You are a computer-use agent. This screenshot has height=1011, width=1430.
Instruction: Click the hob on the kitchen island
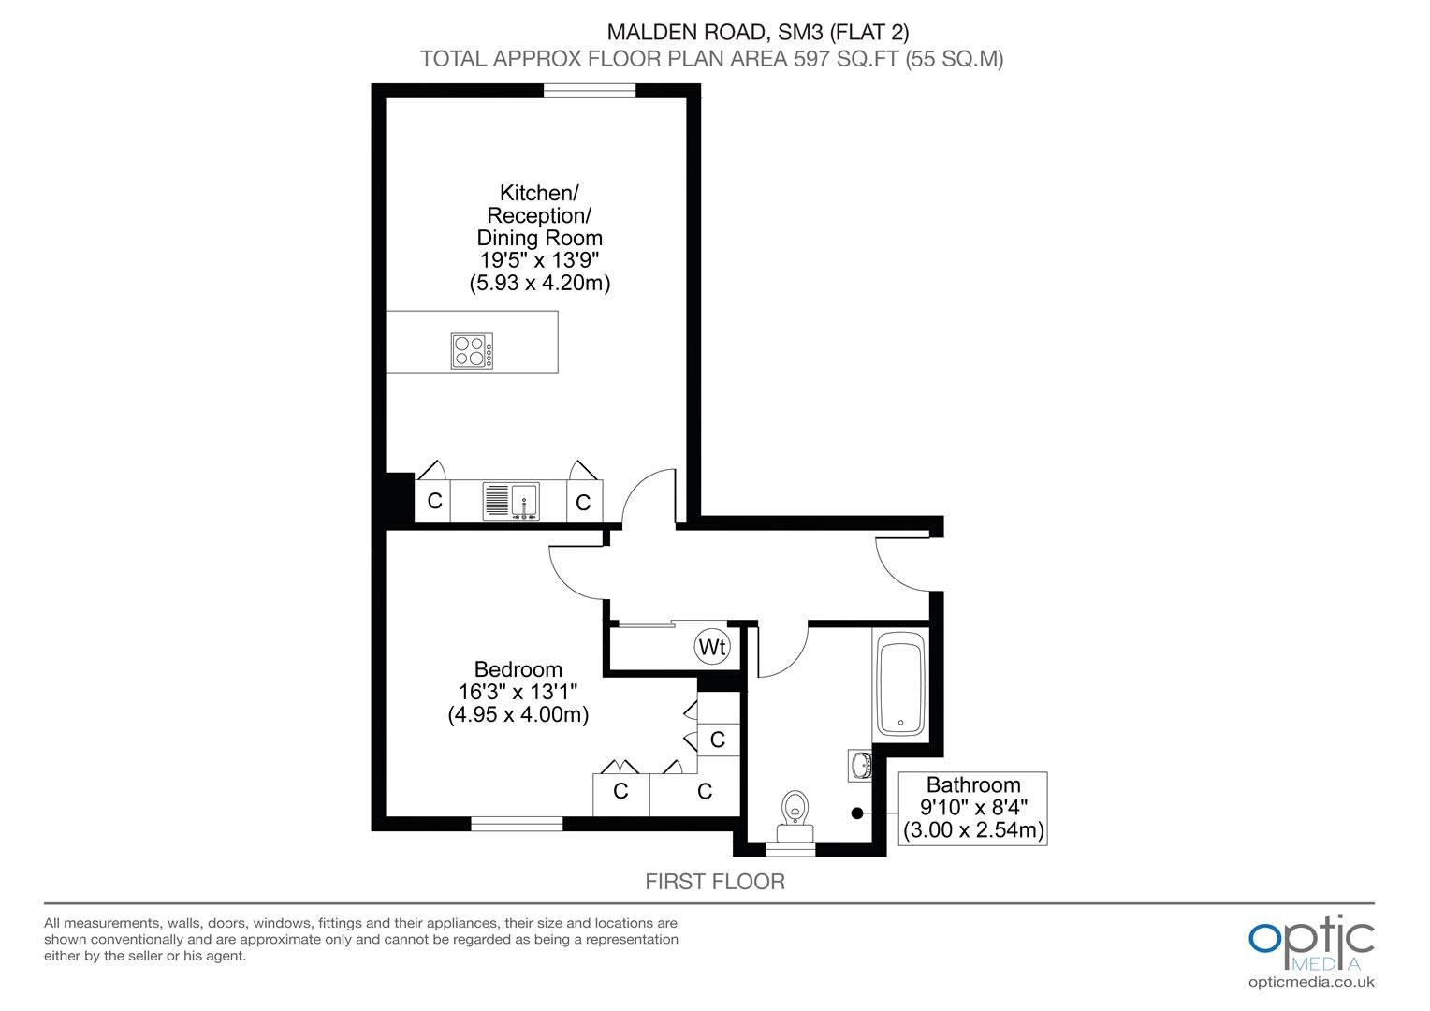[472, 351]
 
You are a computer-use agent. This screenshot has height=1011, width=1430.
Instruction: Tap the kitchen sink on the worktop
[511, 502]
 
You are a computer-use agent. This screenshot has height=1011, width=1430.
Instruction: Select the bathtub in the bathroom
[901, 683]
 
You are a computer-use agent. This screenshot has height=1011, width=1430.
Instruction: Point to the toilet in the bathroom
[795, 817]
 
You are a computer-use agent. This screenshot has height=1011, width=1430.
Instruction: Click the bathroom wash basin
[861, 765]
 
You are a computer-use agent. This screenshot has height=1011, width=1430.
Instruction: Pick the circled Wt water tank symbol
[712, 647]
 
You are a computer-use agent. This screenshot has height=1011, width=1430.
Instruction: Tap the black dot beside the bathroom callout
[857, 813]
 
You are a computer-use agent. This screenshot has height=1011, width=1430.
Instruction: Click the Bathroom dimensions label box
[973, 809]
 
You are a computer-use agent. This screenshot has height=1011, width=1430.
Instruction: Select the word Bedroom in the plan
[518, 669]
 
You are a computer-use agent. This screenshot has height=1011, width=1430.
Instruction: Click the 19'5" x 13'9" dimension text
[539, 260]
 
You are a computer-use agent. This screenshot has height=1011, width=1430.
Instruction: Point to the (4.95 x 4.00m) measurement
[518, 714]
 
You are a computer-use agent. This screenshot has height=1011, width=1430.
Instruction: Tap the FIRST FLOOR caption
[714, 882]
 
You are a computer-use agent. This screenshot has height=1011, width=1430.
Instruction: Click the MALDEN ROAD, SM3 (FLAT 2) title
[758, 32]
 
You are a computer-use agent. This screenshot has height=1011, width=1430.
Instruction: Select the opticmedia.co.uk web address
[1311, 982]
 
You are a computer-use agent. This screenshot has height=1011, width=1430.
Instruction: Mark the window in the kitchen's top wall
[590, 91]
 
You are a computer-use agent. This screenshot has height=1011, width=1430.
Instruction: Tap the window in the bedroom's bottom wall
[517, 824]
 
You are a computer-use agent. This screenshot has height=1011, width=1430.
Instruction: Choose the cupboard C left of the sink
[433, 501]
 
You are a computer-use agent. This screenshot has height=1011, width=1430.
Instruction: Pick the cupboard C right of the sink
[583, 502]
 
